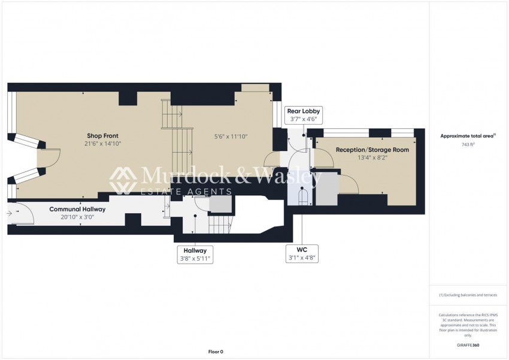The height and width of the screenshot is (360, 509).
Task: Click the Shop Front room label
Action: pos(102,136)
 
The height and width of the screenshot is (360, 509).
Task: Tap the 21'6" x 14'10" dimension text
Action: pos(102,144)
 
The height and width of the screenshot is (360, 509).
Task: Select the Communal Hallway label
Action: pos(77,209)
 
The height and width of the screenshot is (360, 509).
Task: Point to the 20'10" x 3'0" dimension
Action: pos(77,217)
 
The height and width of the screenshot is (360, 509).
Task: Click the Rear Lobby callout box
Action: pos(304,115)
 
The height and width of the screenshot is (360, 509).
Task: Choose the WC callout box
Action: pos(302,254)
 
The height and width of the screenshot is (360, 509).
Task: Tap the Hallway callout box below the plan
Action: pos(195,255)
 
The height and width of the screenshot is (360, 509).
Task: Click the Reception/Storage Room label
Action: pos(372,150)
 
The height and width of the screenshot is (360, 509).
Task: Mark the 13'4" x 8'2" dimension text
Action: pos(372,158)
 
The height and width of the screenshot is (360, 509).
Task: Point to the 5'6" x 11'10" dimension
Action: pos(231,137)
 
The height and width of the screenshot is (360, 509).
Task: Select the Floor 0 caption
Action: pos(216,352)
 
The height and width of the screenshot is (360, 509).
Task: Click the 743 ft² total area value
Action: pos(468,144)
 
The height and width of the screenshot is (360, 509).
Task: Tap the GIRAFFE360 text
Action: pos(468,345)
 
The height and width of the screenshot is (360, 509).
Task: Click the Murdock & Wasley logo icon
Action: pos(123,180)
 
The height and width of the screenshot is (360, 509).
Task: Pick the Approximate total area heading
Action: pos(468,136)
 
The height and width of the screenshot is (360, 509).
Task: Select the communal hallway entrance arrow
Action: pos(9,213)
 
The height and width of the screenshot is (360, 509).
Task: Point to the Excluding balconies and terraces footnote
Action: pos(468,295)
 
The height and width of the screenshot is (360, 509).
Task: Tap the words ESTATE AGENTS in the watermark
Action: pos(186,192)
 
